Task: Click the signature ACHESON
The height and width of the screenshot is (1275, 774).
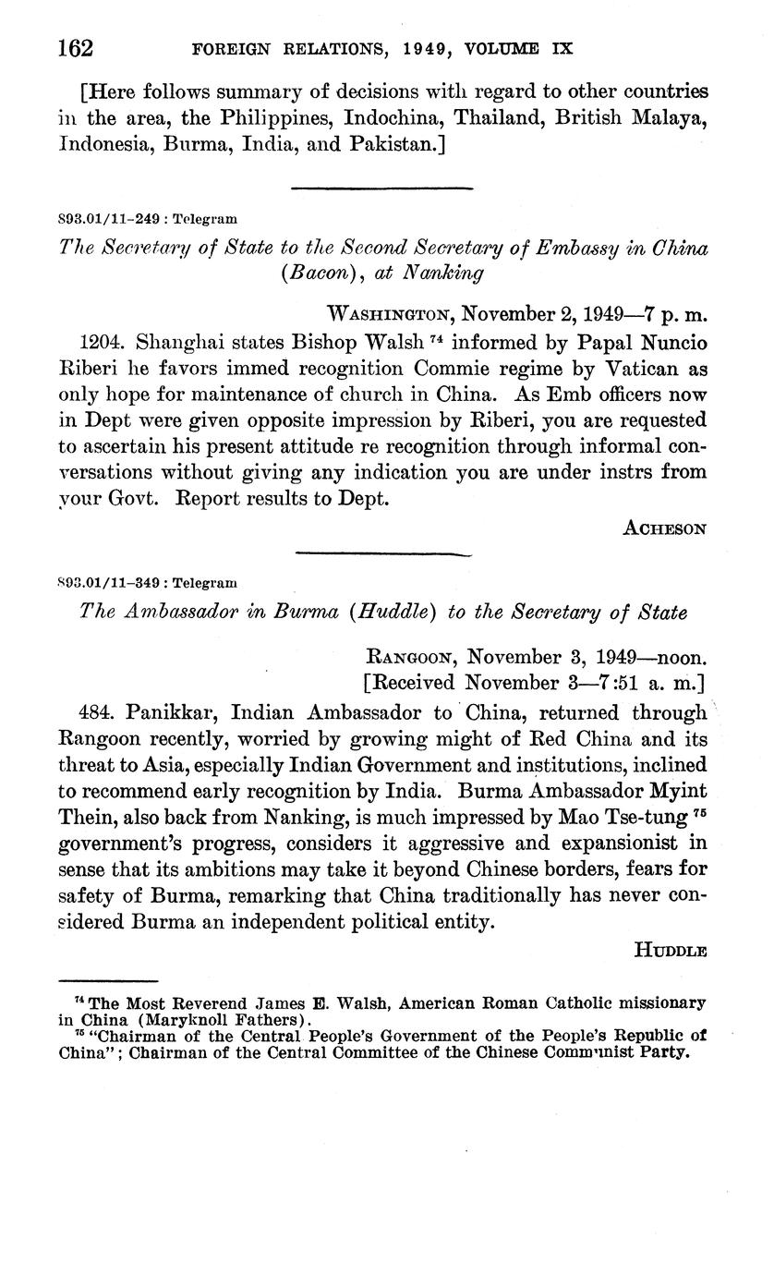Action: click(665, 528)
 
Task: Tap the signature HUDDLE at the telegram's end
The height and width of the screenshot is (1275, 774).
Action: click(671, 950)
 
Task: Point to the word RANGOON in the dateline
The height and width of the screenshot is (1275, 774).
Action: click(412, 658)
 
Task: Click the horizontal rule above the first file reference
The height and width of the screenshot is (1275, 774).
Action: click(381, 188)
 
